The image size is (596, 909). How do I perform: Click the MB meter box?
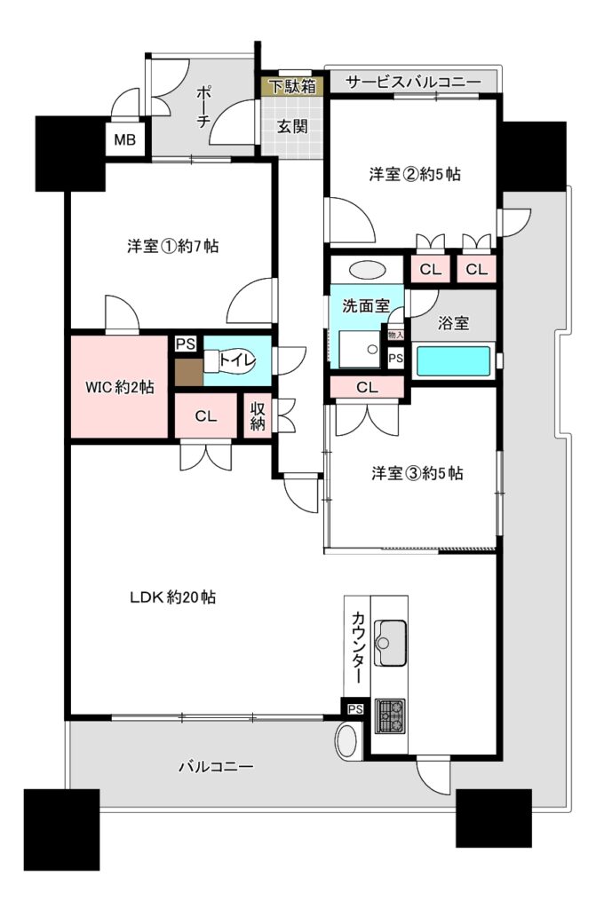124,139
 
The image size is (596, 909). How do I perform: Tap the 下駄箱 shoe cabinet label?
293,87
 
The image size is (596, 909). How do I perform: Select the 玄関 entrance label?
292,126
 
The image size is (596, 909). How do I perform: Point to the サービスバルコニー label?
413,82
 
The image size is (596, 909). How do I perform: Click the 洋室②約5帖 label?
414,174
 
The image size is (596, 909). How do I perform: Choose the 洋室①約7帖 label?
172,247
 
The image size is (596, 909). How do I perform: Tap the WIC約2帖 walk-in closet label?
120,387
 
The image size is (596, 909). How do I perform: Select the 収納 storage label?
258,415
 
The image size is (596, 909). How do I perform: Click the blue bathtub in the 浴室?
453,360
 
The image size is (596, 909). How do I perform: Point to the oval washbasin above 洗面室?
367,270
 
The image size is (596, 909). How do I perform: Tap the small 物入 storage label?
395,335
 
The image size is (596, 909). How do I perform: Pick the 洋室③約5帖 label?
417,474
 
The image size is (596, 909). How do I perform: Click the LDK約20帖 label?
172,597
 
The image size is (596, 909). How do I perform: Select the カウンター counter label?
358,647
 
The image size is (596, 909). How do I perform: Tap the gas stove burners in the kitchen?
389,715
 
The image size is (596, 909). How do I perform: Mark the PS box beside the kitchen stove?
355,709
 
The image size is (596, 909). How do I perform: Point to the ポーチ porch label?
203,107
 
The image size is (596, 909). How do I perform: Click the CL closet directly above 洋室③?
367,387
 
